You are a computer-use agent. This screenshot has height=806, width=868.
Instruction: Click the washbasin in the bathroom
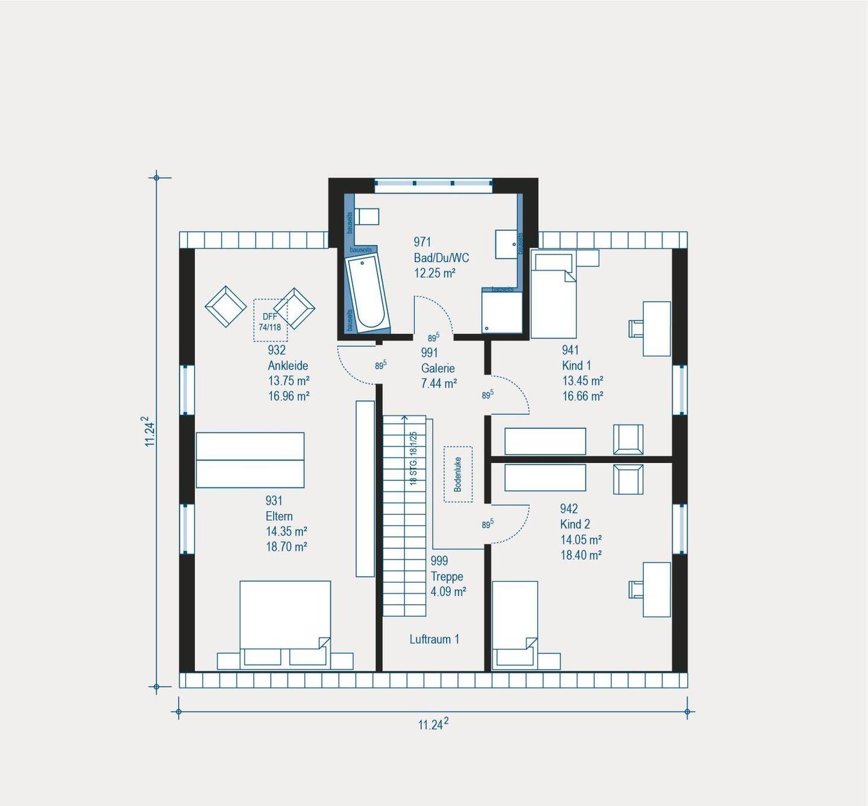(x=506, y=244)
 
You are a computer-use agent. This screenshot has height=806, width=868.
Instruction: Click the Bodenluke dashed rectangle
(x=458, y=474)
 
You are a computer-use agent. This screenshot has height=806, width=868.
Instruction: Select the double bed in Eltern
(x=285, y=623)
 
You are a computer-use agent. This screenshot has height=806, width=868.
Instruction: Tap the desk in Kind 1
(x=656, y=329)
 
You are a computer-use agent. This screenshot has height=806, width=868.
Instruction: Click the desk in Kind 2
(x=656, y=589)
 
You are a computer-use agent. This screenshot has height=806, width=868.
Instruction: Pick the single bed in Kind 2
(x=515, y=625)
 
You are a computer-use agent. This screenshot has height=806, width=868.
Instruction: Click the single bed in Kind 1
(x=553, y=295)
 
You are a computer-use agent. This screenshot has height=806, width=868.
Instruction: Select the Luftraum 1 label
(x=434, y=639)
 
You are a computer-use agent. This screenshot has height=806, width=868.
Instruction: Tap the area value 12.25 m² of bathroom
(x=434, y=273)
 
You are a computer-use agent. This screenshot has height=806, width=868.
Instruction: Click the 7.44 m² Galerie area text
(x=438, y=383)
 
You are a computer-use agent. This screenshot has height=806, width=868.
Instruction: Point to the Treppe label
(x=447, y=576)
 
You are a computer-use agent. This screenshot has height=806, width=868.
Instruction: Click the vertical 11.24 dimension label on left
(x=149, y=432)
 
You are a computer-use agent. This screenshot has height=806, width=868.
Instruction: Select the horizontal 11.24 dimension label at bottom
(x=433, y=724)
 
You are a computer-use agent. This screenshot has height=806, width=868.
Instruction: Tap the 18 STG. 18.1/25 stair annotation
(x=414, y=458)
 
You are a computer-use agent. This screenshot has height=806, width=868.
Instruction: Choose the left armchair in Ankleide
(x=226, y=306)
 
